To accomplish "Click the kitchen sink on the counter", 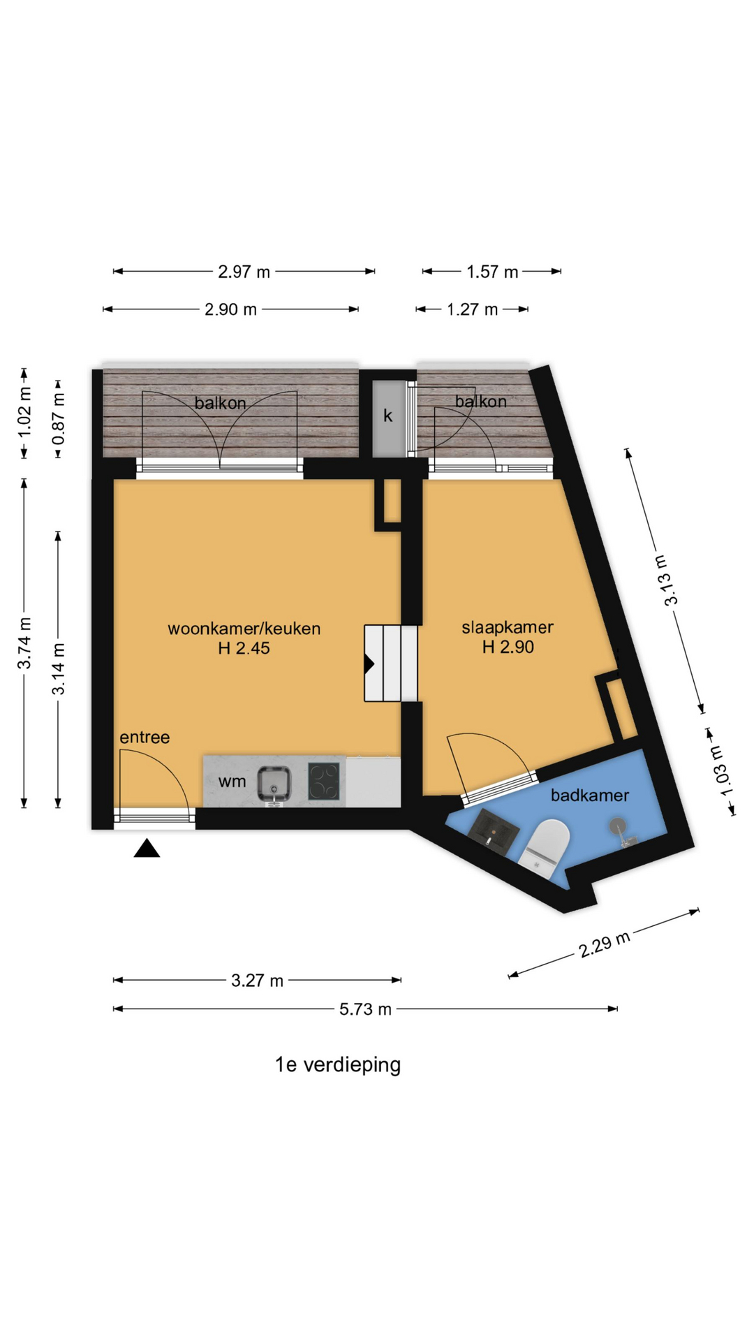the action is (x=274, y=784).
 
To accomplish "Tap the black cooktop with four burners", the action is (x=325, y=782).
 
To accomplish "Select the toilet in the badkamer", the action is (x=544, y=846).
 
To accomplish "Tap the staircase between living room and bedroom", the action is (x=391, y=663).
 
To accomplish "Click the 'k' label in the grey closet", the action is (x=387, y=416).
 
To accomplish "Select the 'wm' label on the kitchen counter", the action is (x=232, y=782).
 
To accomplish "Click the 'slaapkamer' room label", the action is (x=508, y=626).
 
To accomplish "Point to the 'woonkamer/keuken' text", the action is (x=244, y=628).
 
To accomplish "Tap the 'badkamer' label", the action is (x=590, y=795).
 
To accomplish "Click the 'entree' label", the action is (x=145, y=737).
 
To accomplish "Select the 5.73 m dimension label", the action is (x=365, y=1009).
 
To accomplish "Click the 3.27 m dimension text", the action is (x=257, y=980).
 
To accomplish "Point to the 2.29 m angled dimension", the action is (x=605, y=944).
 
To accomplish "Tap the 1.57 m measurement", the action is (x=492, y=271).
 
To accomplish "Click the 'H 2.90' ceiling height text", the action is (x=508, y=647).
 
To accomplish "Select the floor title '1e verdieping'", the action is (x=338, y=1064).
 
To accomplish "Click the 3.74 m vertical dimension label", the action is (x=24, y=643).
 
